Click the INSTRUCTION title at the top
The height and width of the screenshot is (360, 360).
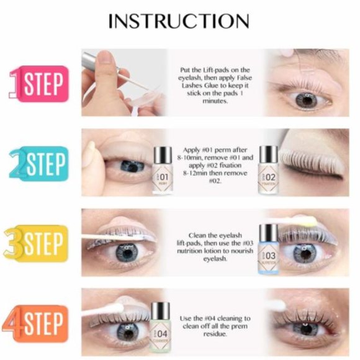tap(179, 20)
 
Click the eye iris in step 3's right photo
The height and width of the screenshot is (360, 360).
tap(305, 253)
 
